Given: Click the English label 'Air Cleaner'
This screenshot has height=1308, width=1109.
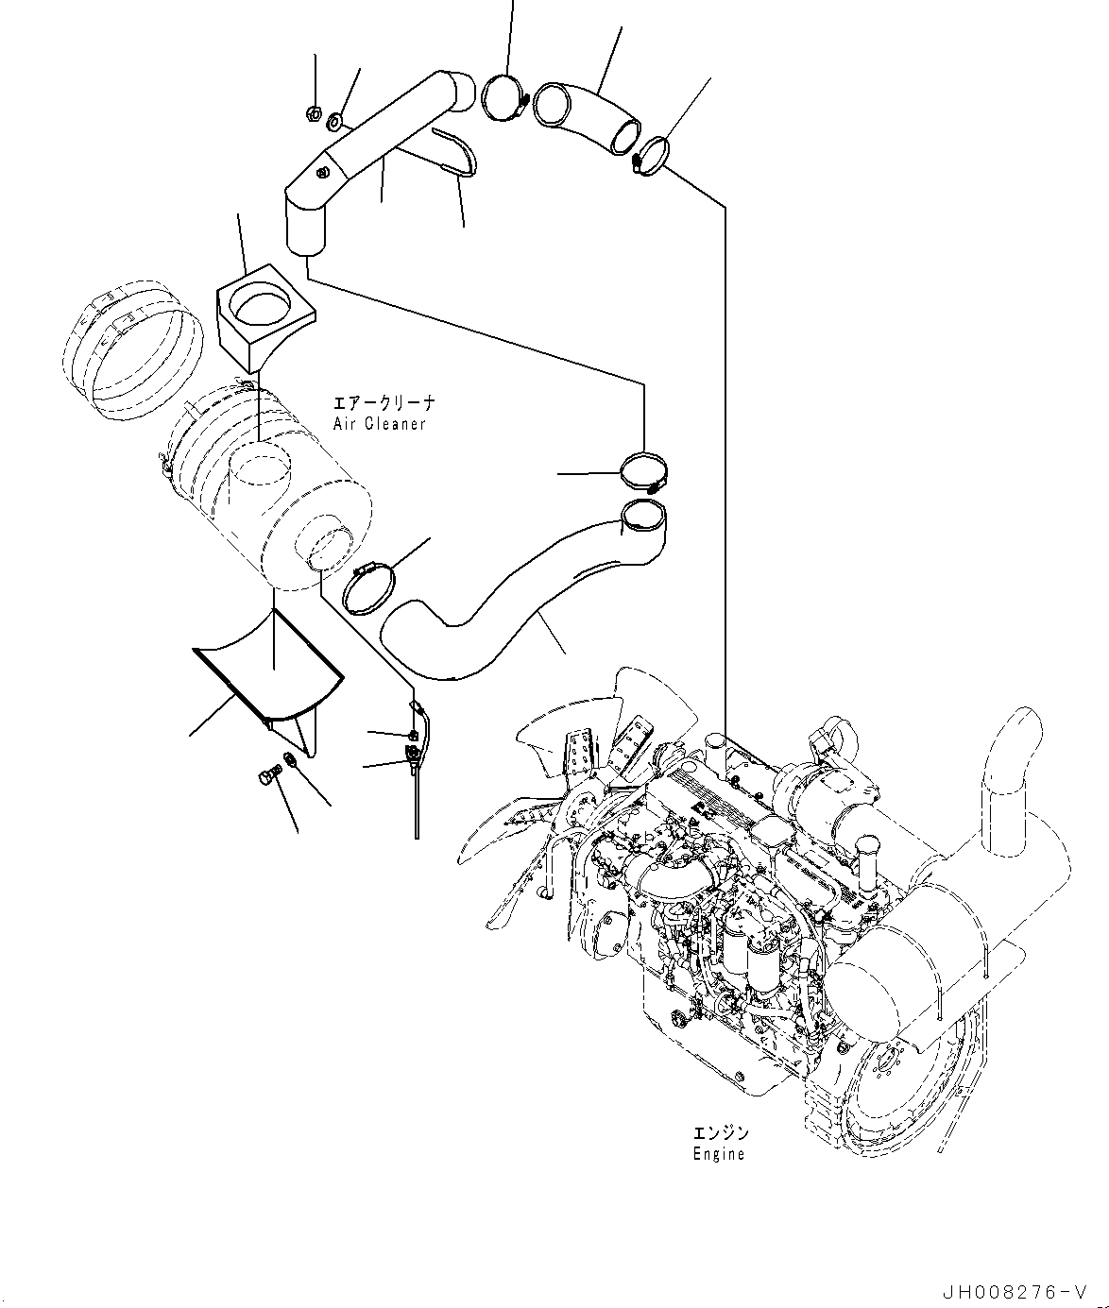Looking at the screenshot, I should pos(379,424).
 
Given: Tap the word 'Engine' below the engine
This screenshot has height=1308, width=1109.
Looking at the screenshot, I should pos(719,1154).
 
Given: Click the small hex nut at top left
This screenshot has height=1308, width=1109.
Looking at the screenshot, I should pos(313,114).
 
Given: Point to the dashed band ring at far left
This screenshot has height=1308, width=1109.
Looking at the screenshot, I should pos(132,349).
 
